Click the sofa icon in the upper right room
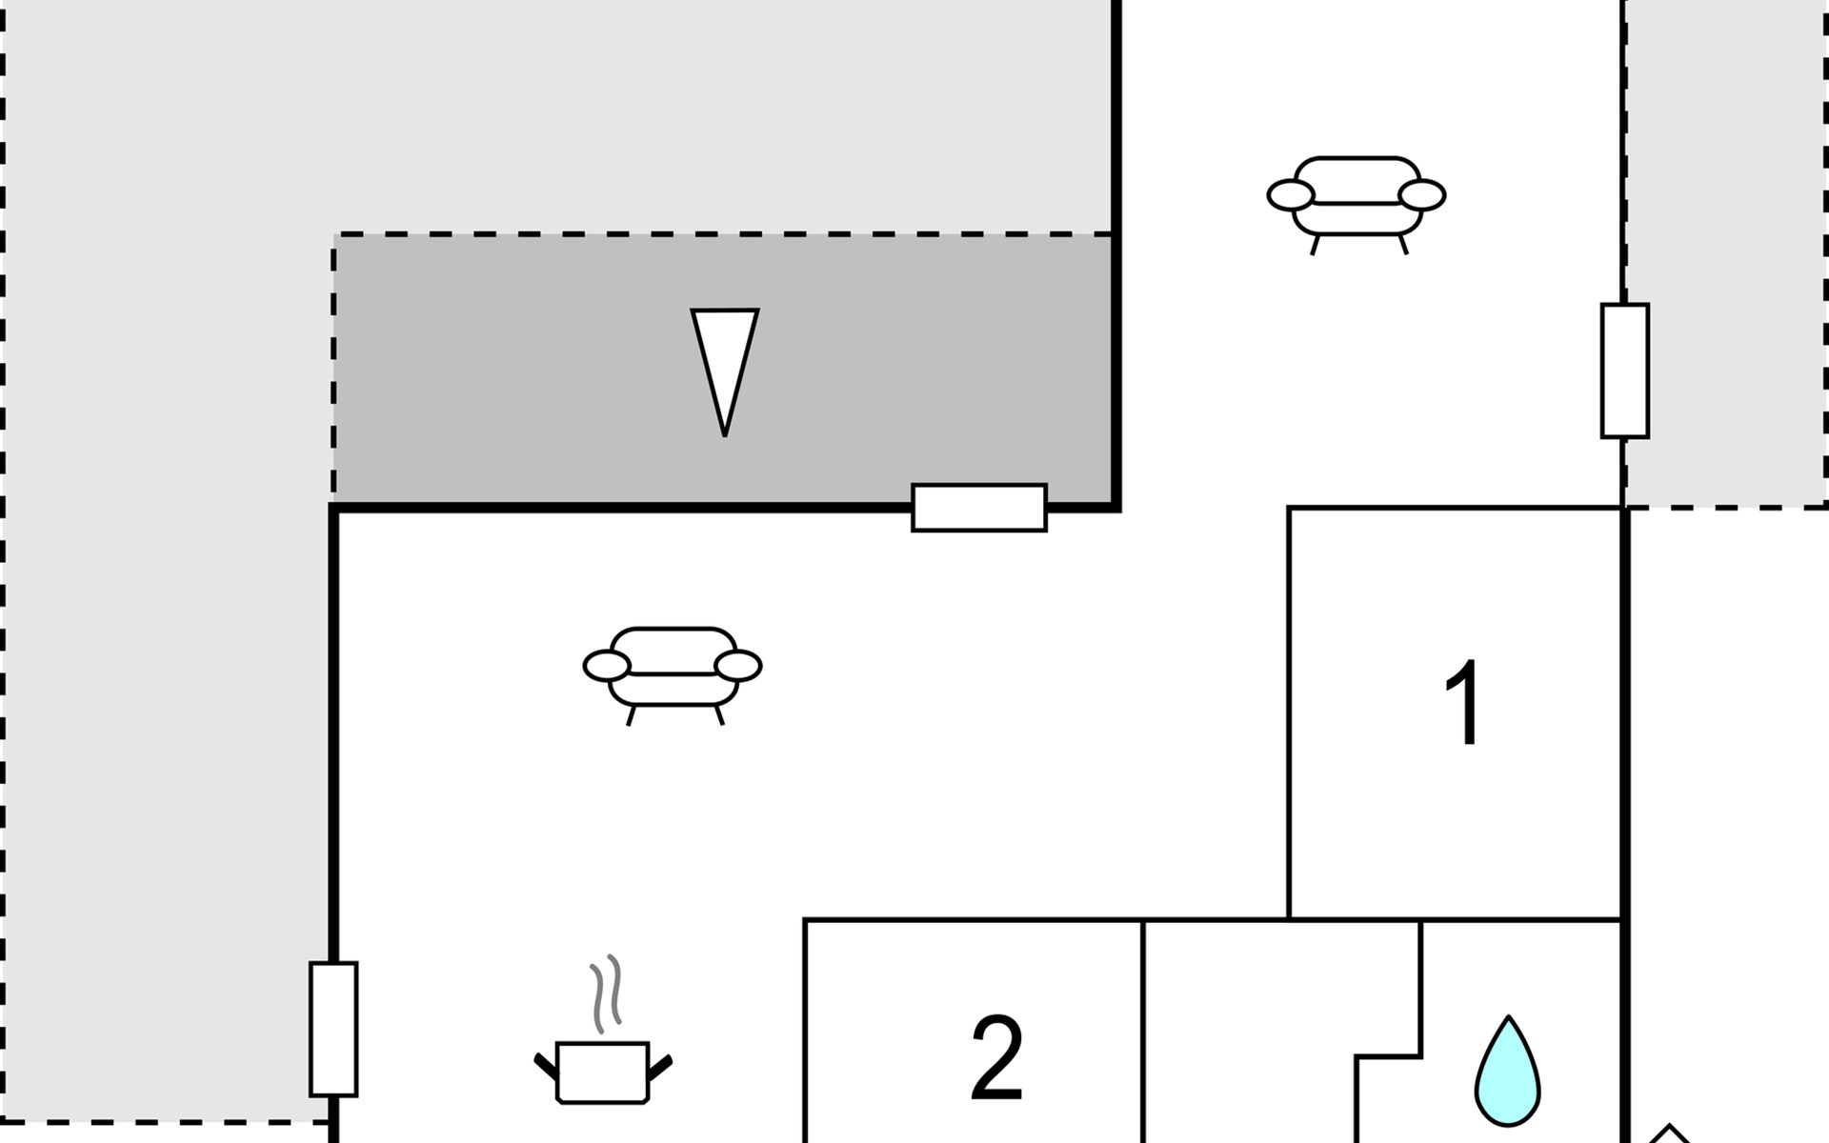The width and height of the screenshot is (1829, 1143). [x=1357, y=197]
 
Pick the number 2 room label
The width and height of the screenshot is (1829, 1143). [x=996, y=1057]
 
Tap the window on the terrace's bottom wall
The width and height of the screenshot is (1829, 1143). [x=979, y=508]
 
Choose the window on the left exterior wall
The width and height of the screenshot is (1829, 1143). [x=333, y=1029]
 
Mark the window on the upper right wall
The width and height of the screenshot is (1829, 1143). [x=1625, y=371]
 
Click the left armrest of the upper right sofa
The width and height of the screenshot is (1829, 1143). [x=1291, y=195]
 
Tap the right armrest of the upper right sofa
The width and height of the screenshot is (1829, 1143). [x=1422, y=195]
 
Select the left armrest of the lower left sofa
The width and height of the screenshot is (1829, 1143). [x=607, y=666]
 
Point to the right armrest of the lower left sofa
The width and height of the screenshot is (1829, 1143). [x=738, y=666]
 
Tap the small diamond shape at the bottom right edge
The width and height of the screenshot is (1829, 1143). [x=1668, y=1134]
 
